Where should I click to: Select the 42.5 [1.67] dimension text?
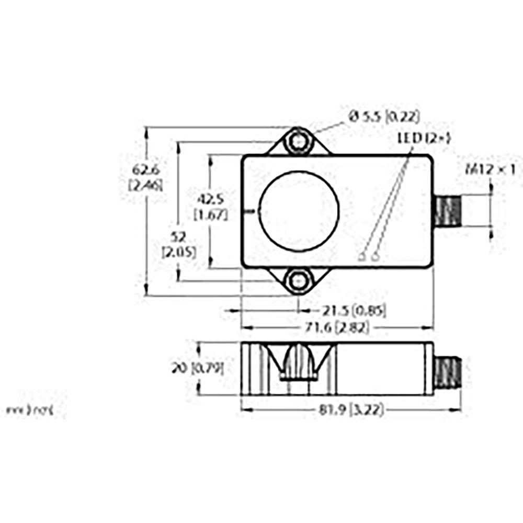210,207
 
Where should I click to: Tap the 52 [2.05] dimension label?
179,245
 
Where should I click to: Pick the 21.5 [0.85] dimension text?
354,311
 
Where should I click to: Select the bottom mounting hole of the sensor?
299,281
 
